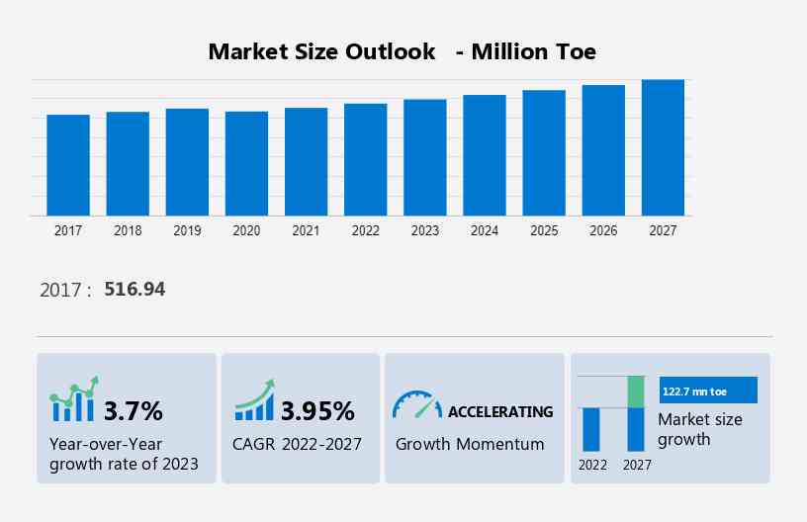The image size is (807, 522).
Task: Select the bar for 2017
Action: click(x=68, y=165)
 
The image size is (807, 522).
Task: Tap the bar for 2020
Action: click(x=246, y=163)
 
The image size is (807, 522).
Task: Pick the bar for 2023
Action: click(x=424, y=157)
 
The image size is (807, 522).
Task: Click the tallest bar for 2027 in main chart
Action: click(x=663, y=147)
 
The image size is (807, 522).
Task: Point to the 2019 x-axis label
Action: click(x=187, y=230)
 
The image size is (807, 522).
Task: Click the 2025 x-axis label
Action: click(x=544, y=230)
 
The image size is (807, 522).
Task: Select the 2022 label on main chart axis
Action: click(x=365, y=230)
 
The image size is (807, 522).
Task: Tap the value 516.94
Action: click(x=134, y=290)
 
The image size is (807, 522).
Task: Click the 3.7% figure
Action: click(x=134, y=410)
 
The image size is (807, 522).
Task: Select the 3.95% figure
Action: click(x=317, y=410)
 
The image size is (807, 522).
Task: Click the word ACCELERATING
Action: click(x=500, y=411)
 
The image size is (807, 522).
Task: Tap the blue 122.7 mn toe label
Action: click(x=707, y=391)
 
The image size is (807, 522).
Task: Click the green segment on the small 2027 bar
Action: click(x=636, y=391)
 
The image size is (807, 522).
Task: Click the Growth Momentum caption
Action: click(x=470, y=444)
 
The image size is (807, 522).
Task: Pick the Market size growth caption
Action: click(x=700, y=429)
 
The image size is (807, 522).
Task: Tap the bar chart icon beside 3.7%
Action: click(x=73, y=400)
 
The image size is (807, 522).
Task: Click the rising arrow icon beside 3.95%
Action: click(x=254, y=400)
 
